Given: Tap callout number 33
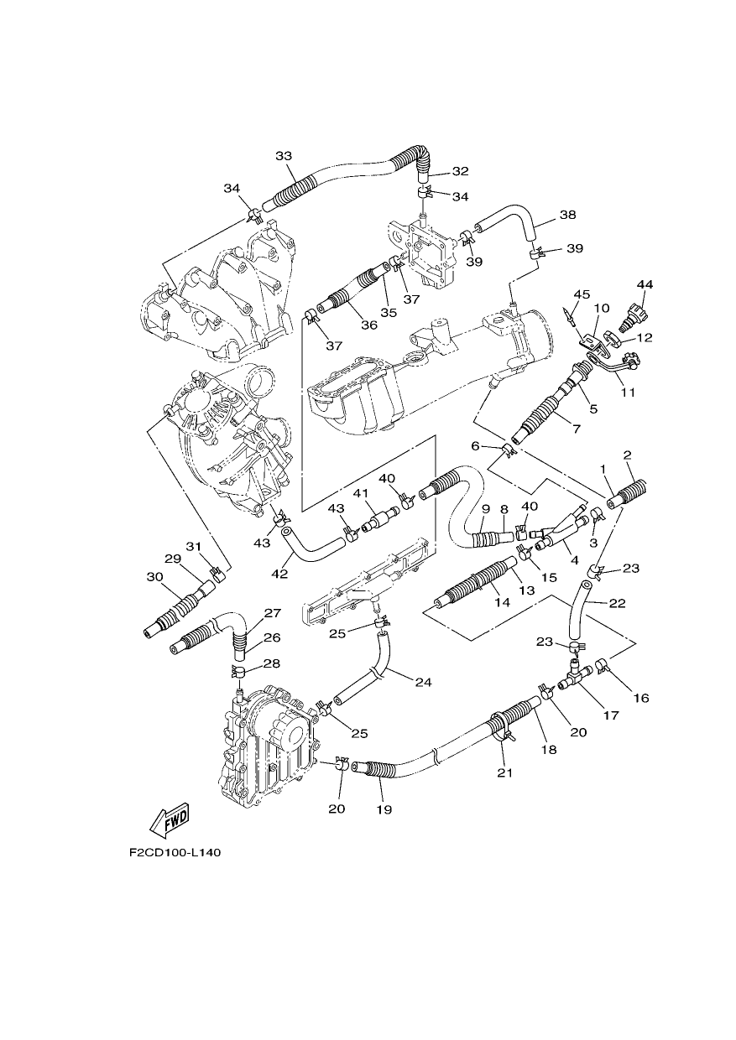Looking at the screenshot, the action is pos(284,156).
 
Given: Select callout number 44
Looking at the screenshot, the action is pos(645,284).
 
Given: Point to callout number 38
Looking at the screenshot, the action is pos(568,215).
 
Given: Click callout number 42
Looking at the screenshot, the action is pos(279,574).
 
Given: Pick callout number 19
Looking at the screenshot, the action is pos(384,809).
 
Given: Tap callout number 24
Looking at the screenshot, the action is pos(423,682).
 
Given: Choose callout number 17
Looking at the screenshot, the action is pos(611,715).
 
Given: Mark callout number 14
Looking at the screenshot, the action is pos(503,603).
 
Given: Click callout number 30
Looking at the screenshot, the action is pos(154,577).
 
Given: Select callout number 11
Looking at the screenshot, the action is pos(629,393).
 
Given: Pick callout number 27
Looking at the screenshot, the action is pos(273,613).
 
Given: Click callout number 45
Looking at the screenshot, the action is pos(582,294).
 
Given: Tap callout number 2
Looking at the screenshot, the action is pos(627,455).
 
